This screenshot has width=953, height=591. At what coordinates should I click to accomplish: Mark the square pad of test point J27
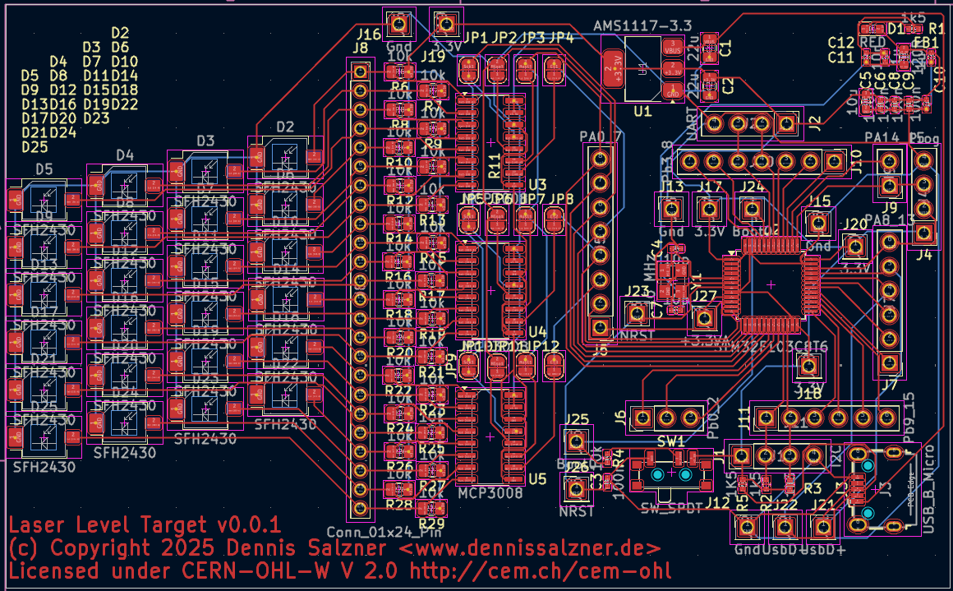coord(703,317)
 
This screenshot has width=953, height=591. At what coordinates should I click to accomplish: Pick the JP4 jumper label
coord(561,38)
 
